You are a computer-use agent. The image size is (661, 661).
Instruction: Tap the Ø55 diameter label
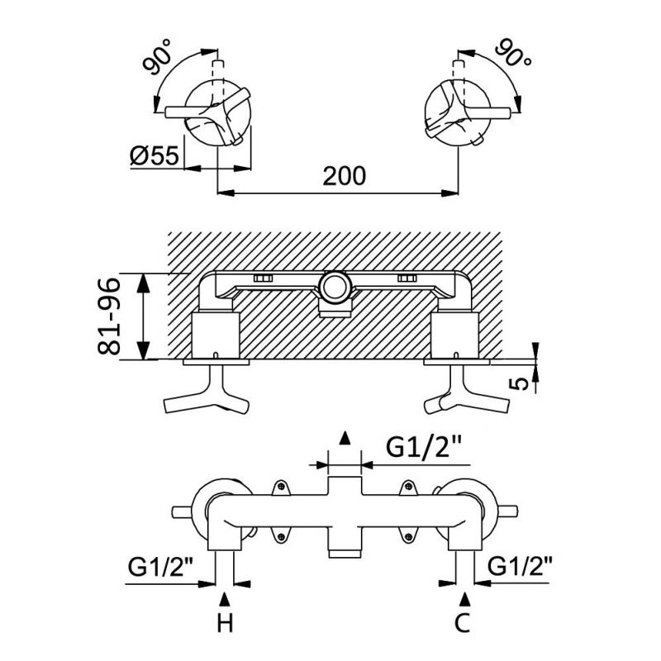pyautogui.click(x=155, y=155)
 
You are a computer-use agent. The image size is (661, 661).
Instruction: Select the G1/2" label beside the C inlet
pyautogui.click(x=521, y=568)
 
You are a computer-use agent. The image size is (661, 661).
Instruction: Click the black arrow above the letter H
pyautogui.click(x=222, y=597)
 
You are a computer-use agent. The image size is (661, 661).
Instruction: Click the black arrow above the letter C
pyautogui.click(x=466, y=597)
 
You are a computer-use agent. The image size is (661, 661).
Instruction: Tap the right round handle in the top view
pyautogui.click(x=457, y=115)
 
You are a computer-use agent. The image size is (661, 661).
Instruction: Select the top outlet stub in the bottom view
pyautogui.click(x=345, y=485)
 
